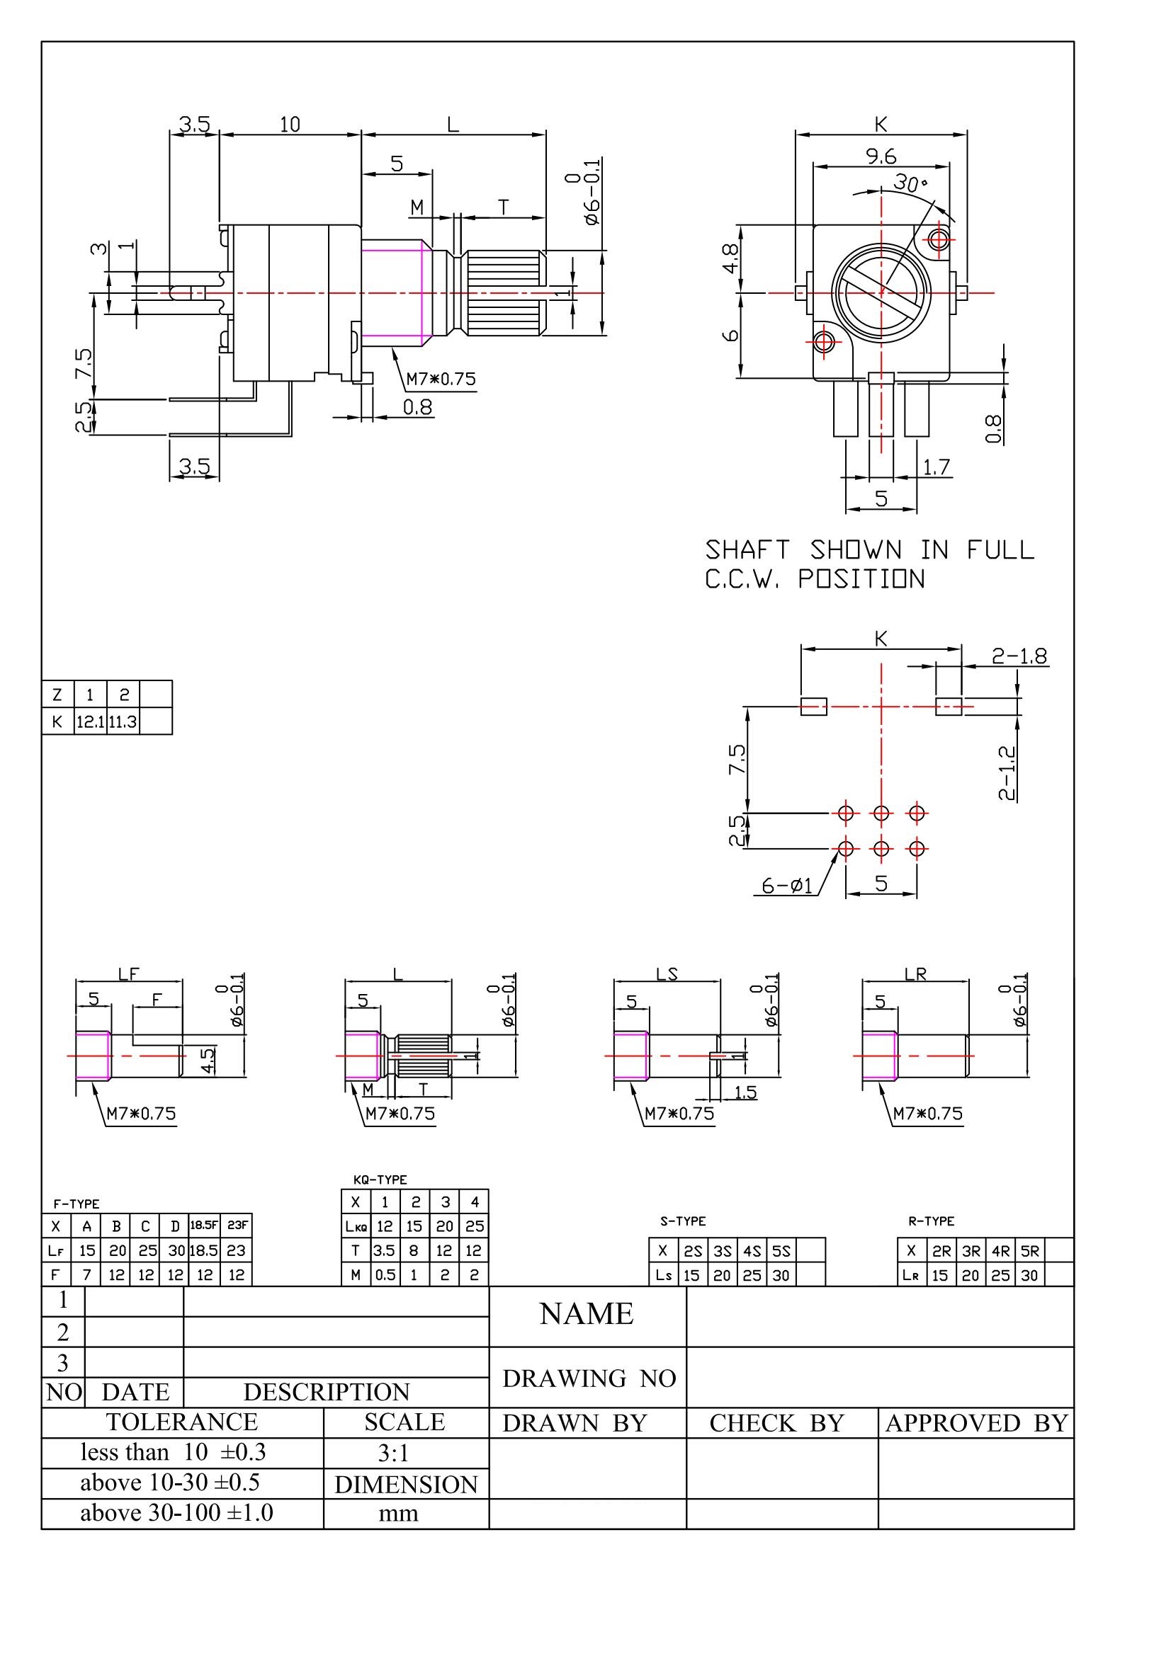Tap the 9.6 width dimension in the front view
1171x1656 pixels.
881,156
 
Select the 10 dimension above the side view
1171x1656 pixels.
289,125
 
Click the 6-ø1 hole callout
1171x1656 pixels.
788,885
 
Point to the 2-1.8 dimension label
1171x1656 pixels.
1019,656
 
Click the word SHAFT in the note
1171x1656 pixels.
747,550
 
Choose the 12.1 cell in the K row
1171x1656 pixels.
91,721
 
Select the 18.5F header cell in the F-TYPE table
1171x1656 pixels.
204,1225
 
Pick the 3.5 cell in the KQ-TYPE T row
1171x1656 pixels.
385,1250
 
